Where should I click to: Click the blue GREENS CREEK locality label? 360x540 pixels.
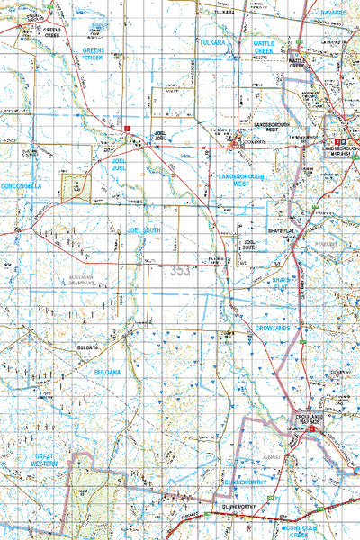coord(94,53)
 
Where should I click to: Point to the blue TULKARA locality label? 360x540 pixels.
coord(213,41)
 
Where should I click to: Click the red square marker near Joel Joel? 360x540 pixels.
coord(129,129)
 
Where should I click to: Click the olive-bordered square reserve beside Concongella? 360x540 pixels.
coord(74,187)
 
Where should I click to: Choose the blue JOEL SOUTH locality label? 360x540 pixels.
coord(143,230)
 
